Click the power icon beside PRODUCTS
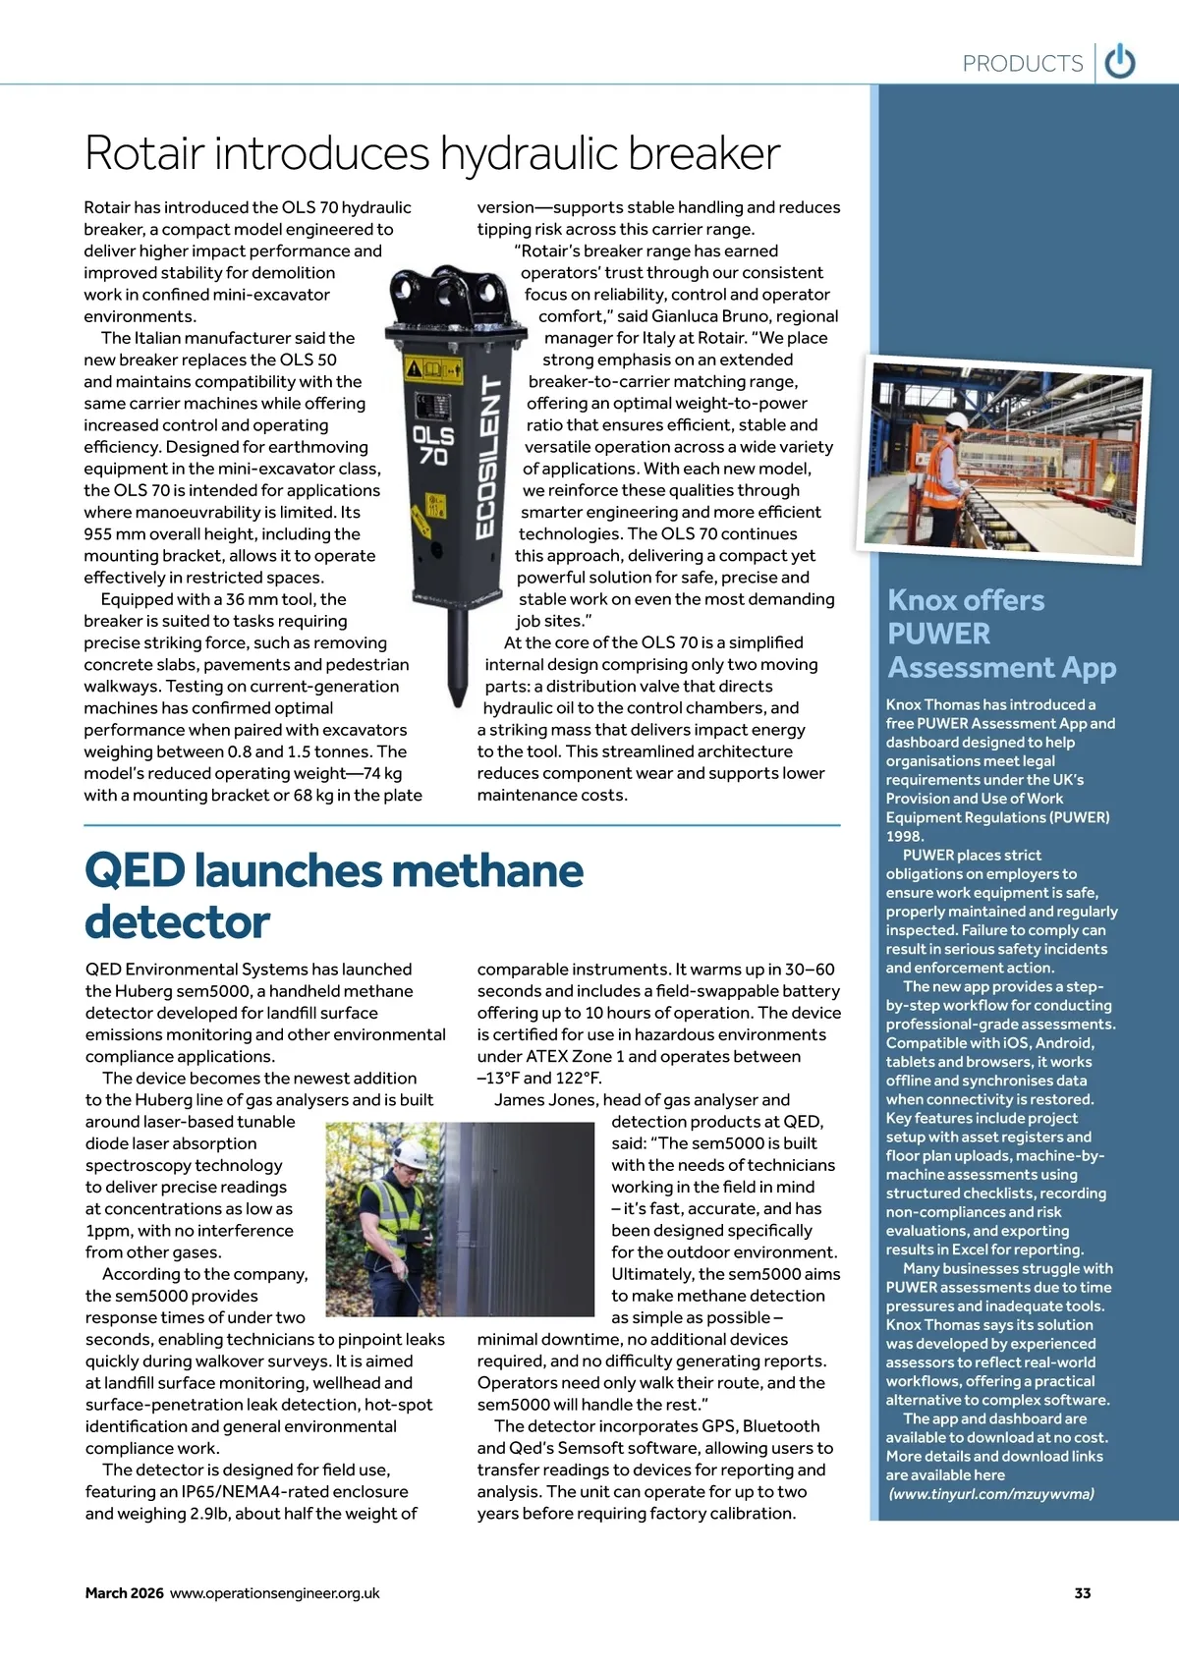[x=1120, y=63]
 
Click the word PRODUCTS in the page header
[x=1022, y=64]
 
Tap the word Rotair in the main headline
[x=145, y=154]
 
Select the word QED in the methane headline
[x=135, y=871]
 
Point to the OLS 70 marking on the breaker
[x=432, y=445]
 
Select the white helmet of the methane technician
[x=411, y=1153]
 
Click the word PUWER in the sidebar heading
[x=938, y=634]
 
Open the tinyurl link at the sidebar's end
[x=991, y=1494]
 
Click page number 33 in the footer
[x=1083, y=1593]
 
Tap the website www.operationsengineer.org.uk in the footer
[x=275, y=1593]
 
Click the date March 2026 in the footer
[x=124, y=1593]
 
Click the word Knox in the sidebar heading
[x=922, y=600]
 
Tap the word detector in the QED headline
[x=177, y=922]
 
